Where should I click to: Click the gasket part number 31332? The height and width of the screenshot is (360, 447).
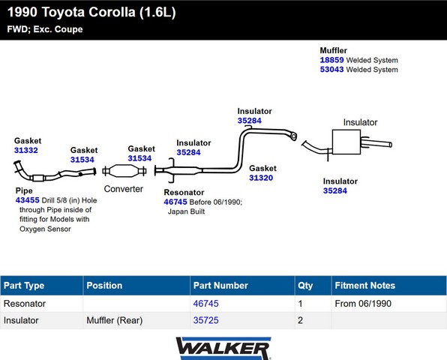[26, 150]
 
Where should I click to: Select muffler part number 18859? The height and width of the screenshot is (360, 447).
[331, 60]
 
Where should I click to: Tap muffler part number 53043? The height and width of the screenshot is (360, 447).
[331, 70]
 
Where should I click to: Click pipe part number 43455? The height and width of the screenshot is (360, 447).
[27, 200]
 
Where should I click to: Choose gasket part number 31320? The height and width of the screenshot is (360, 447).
[261, 178]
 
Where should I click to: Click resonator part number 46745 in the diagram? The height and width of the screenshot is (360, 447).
[175, 202]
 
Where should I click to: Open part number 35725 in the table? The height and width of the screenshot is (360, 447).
[205, 320]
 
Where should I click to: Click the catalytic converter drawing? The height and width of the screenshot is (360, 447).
[124, 171]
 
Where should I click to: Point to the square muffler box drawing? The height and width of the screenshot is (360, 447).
[346, 142]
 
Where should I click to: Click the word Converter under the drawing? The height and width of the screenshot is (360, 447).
[124, 189]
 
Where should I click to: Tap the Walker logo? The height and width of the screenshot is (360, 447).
[223, 348]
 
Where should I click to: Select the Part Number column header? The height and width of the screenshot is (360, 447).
[220, 285]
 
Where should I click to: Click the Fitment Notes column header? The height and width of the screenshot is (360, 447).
[365, 285]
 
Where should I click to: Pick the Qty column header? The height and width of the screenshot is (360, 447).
[305, 286]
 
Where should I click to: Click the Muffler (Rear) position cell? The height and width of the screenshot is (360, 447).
[114, 320]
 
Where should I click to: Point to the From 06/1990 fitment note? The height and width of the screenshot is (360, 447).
[363, 304]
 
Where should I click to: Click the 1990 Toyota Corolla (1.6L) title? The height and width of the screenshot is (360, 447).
[91, 12]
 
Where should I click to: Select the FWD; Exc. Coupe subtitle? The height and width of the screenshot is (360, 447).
[45, 29]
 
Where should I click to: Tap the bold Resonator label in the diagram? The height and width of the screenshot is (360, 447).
[184, 193]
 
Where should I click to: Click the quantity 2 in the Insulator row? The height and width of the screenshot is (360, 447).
[300, 320]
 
